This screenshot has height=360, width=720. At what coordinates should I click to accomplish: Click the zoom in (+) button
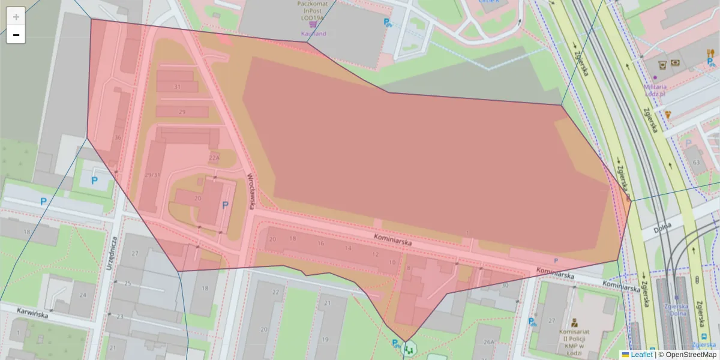(x=16, y=17)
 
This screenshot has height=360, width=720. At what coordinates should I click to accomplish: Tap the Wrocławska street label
(x=252, y=191)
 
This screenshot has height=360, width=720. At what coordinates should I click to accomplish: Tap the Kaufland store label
(x=313, y=34)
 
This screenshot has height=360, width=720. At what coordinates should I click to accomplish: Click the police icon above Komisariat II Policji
(x=575, y=322)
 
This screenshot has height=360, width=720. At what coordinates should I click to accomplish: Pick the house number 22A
(x=214, y=158)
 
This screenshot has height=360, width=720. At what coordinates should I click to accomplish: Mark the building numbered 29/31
(x=152, y=175)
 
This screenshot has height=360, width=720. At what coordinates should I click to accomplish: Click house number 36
(x=118, y=138)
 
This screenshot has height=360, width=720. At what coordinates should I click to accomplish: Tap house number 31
(x=177, y=87)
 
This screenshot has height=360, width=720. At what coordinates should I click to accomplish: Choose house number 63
(x=696, y=163)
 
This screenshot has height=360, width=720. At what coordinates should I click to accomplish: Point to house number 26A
(x=489, y=342)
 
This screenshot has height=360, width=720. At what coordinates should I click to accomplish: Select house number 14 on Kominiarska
(x=348, y=248)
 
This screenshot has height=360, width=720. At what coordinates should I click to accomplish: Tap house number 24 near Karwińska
(x=82, y=295)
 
